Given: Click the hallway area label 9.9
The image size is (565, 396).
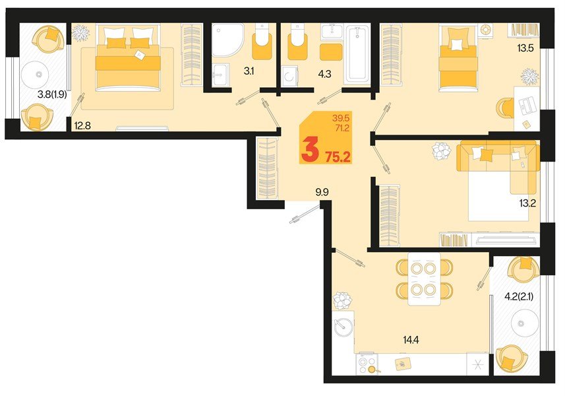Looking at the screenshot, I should click(322, 192).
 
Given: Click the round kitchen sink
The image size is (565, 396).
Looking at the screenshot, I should click(343, 327).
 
